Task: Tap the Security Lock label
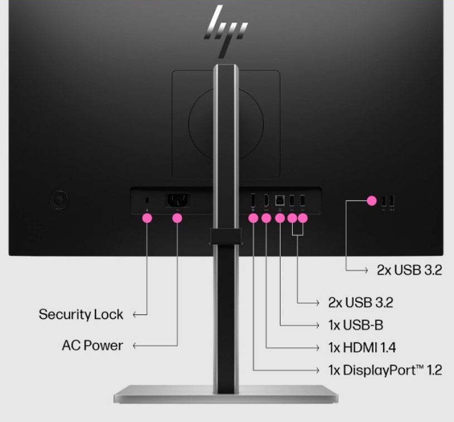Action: [x=81, y=314]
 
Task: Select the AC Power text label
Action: [x=92, y=346]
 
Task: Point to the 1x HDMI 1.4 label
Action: [x=362, y=348]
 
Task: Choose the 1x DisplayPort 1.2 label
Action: [x=385, y=370]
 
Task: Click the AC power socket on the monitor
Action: [x=177, y=200]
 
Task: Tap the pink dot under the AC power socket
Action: [x=177, y=219]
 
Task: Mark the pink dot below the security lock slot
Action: [x=147, y=219]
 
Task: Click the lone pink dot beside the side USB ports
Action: [x=372, y=200]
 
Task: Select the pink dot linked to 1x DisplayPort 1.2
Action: [x=253, y=219]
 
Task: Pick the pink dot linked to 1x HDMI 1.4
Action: [x=266, y=219]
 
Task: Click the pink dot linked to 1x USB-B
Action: [x=280, y=219]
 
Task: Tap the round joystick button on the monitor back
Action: [x=59, y=199]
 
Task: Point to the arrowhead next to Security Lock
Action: [x=136, y=315]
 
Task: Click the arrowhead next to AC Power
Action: [x=136, y=346]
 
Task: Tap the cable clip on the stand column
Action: [x=228, y=236]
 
